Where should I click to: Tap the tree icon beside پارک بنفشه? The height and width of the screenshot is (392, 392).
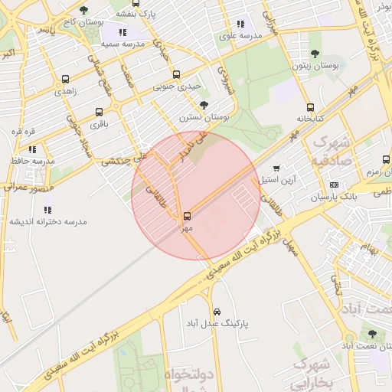(83, 10)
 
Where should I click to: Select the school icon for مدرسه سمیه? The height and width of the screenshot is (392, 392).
(122, 32)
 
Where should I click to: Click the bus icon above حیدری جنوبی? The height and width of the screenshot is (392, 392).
(177, 75)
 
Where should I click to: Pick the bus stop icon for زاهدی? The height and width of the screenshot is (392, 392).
(65, 79)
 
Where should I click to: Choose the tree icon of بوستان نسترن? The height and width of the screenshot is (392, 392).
(203, 105)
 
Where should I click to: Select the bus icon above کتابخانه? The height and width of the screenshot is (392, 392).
(310, 108)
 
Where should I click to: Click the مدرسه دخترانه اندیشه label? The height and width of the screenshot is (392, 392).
(48, 221)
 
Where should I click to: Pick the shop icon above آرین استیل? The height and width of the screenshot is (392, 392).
(276, 168)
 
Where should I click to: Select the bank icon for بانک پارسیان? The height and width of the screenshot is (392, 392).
(334, 185)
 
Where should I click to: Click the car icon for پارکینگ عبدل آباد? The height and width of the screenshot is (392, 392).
(217, 312)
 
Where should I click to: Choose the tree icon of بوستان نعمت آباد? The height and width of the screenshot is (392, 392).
(372, 334)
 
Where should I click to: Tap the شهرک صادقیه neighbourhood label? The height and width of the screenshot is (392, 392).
(332, 152)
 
